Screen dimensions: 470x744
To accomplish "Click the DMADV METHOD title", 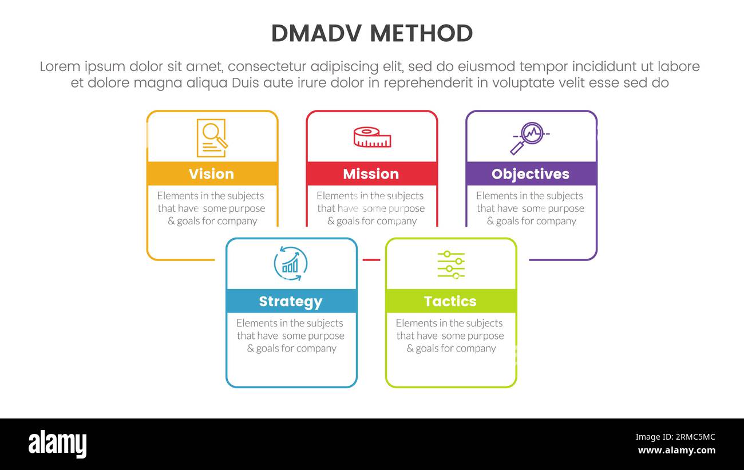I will click(371, 34).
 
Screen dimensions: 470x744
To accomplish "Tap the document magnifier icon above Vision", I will click(211, 138).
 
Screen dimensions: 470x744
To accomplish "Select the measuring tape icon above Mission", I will click(372, 137).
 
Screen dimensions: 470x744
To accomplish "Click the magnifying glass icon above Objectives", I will click(529, 138).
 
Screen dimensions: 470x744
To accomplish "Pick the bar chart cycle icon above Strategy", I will click(291, 264).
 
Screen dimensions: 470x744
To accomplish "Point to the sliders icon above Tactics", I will click(451, 264).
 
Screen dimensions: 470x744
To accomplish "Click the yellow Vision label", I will click(211, 174).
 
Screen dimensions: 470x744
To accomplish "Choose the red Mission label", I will click(371, 174).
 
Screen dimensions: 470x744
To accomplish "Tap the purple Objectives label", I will click(531, 174).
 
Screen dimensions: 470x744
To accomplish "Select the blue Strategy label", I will click(291, 302).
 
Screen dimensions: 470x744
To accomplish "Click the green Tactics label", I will click(450, 302).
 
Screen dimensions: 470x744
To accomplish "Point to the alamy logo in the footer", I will click(57, 444).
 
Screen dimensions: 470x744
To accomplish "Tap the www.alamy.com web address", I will click(676, 451).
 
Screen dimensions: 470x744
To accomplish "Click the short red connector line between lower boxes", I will click(371, 260).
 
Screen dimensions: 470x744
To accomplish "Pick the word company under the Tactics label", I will click(476, 349).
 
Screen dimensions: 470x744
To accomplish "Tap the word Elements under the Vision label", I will click(177, 196).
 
